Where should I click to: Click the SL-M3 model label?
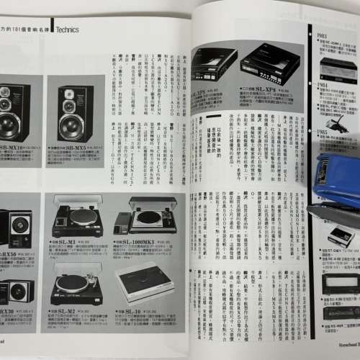68,241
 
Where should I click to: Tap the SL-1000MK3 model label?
148,241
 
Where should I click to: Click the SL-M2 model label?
67,311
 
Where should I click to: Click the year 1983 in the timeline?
323,34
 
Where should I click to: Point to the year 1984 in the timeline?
323,86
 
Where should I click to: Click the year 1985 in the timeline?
323,134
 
